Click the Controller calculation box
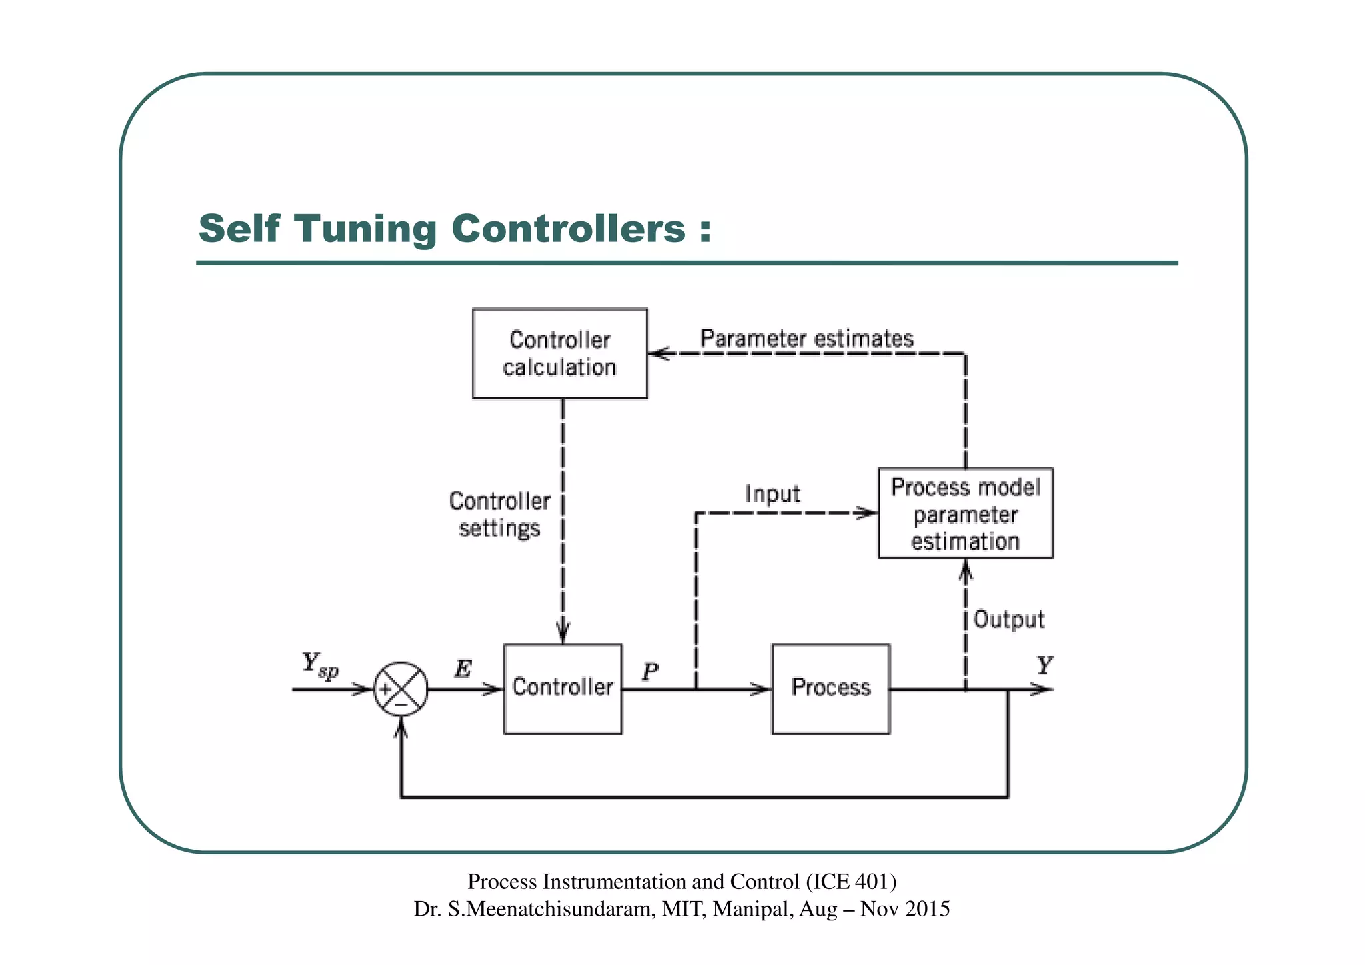click(559, 353)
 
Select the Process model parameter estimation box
click(965, 513)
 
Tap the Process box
click(830, 688)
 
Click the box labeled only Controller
click(562, 688)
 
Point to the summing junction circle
click(400, 689)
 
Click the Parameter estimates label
click(806, 339)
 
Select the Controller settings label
click(499, 514)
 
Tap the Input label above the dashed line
click(772, 494)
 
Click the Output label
click(1008, 619)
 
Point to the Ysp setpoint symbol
click(319, 665)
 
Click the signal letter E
click(463, 668)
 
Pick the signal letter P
click(650, 671)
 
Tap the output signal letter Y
click(1044, 666)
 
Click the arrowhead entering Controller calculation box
click(658, 353)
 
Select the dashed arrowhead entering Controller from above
click(563, 632)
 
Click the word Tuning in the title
click(365, 229)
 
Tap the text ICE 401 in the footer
click(851, 882)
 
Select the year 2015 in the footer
click(927, 909)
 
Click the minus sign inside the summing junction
click(401, 703)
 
